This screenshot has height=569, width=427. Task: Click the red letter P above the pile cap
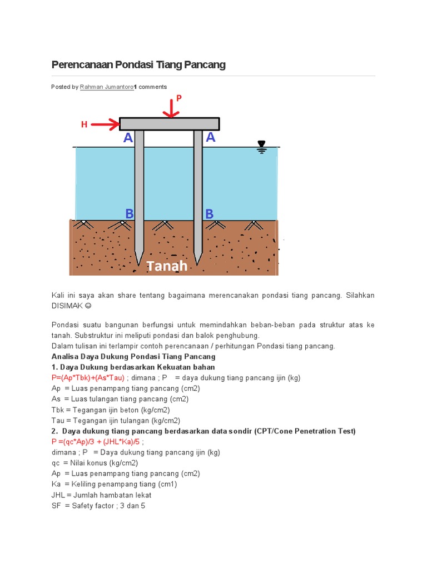[x=179, y=98]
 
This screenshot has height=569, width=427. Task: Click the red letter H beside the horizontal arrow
[x=85, y=124]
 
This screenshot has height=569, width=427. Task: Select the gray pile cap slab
[x=169, y=124]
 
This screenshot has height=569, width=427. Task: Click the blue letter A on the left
[x=128, y=138]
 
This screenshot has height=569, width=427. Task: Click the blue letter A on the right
[x=211, y=137]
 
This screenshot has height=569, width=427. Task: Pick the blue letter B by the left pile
[x=130, y=213]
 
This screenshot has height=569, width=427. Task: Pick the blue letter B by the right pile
[x=210, y=213]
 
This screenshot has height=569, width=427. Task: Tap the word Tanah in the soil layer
[x=167, y=266]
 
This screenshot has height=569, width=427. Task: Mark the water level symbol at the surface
[x=261, y=147]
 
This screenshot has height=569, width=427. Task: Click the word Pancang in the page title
[x=206, y=64]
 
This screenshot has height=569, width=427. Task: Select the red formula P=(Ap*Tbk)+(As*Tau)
[x=88, y=378]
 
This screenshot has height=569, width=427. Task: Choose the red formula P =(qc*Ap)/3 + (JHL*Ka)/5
[x=96, y=442]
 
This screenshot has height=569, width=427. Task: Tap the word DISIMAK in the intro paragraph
[x=67, y=306]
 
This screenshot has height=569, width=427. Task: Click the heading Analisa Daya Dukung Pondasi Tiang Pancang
[x=133, y=357]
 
